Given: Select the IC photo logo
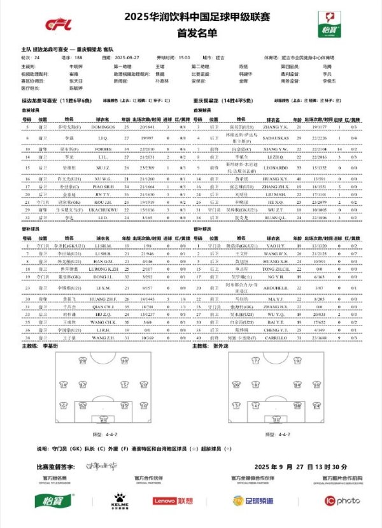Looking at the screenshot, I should click(x=343, y=501).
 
